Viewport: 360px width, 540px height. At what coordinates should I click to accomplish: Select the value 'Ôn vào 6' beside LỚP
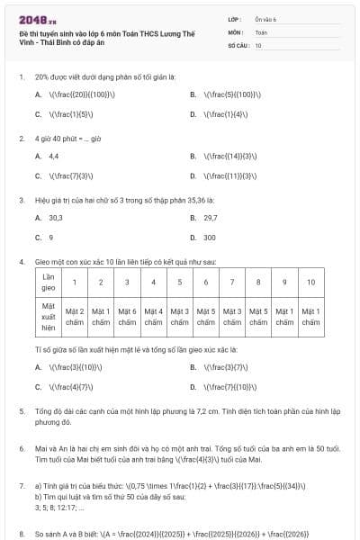[266, 18]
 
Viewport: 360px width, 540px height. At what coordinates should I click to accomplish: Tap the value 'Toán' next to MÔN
[261, 31]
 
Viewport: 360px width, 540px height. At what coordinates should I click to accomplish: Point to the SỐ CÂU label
[238, 44]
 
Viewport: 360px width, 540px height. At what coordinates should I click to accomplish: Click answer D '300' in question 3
[209, 238]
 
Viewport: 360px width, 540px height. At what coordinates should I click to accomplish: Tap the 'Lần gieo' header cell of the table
[50, 282]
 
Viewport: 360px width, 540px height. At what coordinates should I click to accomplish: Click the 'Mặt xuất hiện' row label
[50, 316]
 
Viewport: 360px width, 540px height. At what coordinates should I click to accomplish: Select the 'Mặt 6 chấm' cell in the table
[127, 316]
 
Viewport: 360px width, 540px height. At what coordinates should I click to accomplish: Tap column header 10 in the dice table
[310, 282]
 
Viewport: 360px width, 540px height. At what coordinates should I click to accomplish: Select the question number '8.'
[21, 534]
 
